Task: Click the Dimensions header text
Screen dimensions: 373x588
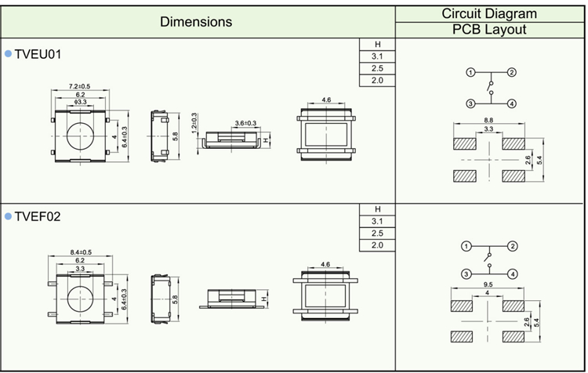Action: (196, 22)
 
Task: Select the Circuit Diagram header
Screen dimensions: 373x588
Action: (489, 13)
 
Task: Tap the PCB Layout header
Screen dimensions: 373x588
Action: (489, 30)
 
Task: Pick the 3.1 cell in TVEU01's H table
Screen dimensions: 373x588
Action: (377, 57)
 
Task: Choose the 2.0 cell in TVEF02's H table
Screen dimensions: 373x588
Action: (377, 245)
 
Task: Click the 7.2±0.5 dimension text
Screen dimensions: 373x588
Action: (80, 86)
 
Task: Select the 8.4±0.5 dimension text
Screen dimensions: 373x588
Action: (81, 252)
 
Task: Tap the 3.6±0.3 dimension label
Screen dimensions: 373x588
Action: (246, 123)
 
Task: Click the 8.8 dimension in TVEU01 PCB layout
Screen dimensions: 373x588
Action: (489, 120)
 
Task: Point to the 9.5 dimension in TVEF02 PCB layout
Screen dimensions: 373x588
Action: (489, 284)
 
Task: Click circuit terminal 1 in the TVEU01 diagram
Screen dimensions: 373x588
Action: (470, 73)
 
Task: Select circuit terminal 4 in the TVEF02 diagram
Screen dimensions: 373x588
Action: (511, 273)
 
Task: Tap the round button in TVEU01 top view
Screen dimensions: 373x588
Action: (80, 136)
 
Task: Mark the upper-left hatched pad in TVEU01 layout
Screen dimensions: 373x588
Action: (464, 144)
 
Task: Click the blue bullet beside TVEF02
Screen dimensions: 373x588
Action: (9, 216)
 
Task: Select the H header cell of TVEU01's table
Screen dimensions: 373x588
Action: (377, 45)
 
